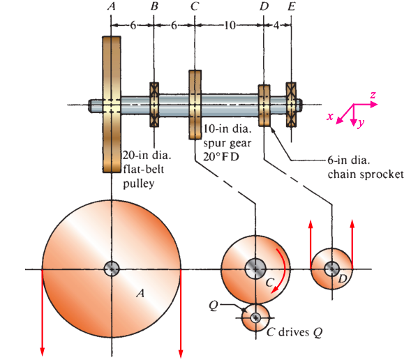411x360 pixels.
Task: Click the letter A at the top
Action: pyautogui.click(x=111, y=7)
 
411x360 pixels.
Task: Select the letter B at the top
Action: pyautogui.click(x=154, y=7)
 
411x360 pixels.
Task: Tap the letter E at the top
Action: pyautogui.click(x=291, y=7)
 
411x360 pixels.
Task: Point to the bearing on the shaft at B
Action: pyautogui.click(x=154, y=105)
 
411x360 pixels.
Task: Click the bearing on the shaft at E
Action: pyautogui.click(x=291, y=105)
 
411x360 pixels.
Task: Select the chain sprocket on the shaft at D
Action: pyautogui.click(x=264, y=105)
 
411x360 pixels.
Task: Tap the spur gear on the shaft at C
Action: pyautogui.click(x=195, y=104)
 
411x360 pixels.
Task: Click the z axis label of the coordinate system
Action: pyautogui.click(x=374, y=94)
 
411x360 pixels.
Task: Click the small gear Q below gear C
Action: pyautogui.click(x=255, y=318)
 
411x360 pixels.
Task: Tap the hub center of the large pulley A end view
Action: pyautogui.click(x=112, y=269)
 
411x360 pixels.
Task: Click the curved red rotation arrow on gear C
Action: pyautogui.click(x=281, y=269)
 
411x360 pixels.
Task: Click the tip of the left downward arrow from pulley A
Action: pyautogui.click(x=43, y=352)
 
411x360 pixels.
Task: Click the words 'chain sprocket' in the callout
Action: pyautogui.click(x=366, y=174)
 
